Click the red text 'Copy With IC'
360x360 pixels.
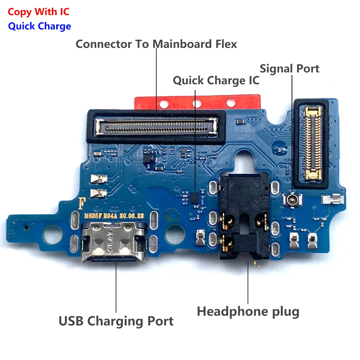click(x=39, y=12)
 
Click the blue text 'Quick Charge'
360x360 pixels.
click(x=40, y=26)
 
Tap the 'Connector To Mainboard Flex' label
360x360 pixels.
click(x=156, y=44)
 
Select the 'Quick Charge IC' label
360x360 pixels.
click(x=216, y=80)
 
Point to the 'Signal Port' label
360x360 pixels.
click(x=289, y=68)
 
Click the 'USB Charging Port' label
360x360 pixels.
click(x=116, y=321)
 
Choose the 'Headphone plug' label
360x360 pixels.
click(x=248, y=311)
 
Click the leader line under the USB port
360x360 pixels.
click(x=116, y=288)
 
